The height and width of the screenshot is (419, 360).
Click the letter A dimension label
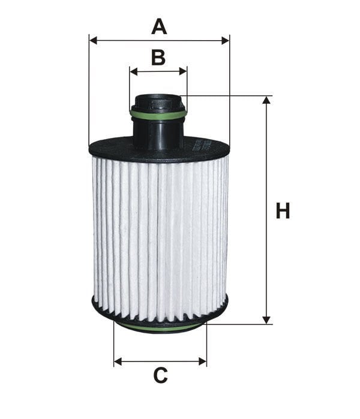[159, 26]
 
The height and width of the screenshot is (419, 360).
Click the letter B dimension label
[158, 57]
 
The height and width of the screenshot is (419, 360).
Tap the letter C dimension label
[160, 375]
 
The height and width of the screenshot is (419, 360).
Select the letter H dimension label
[283, 210]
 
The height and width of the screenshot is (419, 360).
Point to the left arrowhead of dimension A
[93, 41]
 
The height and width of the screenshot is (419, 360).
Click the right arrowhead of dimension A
[225, 41]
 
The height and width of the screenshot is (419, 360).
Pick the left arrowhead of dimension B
[133, 71]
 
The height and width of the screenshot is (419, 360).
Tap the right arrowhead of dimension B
[183, 71]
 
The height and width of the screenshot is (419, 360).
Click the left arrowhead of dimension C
[118, 362]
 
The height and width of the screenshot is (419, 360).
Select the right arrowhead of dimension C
[202, 362]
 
